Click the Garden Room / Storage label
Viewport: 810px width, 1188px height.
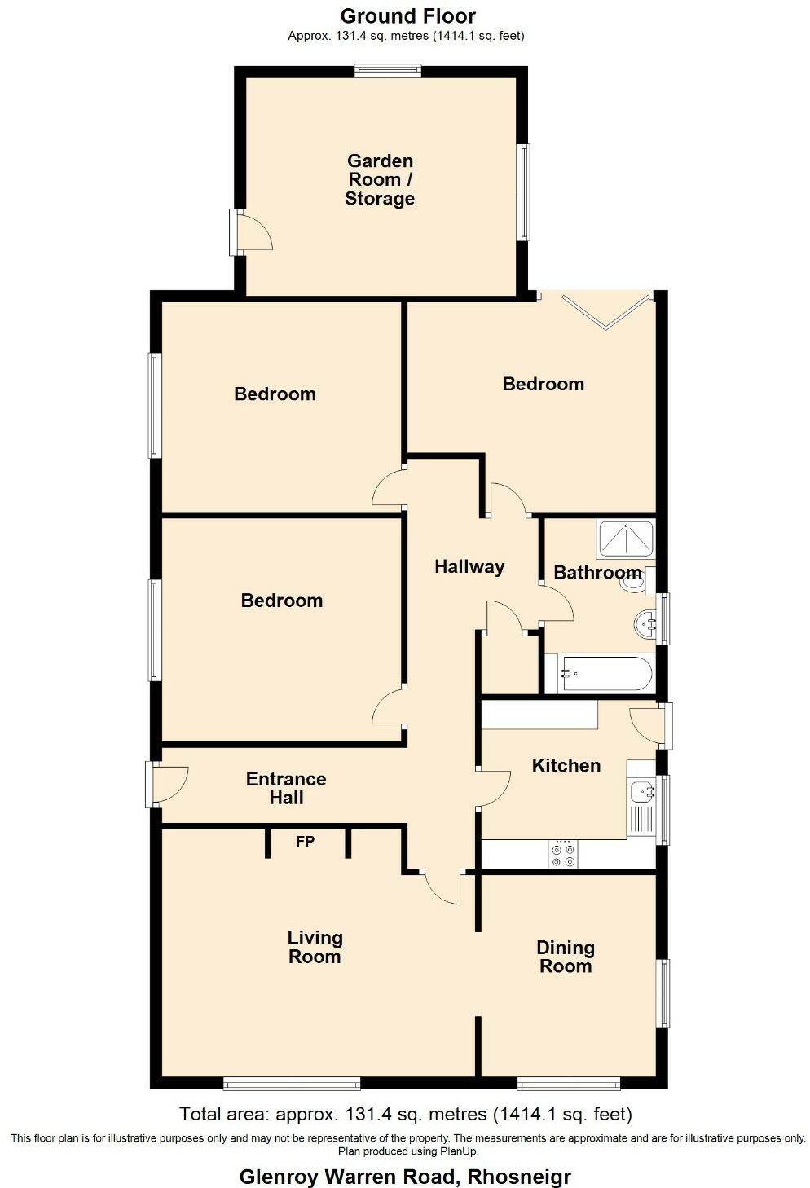point(380,179)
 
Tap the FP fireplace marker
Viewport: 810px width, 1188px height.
point(305,841)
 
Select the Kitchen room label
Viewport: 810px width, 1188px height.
point(566,765)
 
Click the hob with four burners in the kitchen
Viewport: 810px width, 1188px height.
point(562,855)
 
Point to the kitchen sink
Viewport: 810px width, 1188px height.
point(643,790)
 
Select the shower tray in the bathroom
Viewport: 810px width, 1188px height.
point(625,539)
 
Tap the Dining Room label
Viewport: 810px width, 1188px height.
point(565,957)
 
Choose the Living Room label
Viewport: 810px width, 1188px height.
point(315,947)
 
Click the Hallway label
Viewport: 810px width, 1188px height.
point(469,566)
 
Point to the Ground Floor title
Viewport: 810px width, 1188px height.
point(407,15)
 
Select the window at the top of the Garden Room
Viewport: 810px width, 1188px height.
point(388,71)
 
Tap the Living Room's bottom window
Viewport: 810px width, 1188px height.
point(292,1083)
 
